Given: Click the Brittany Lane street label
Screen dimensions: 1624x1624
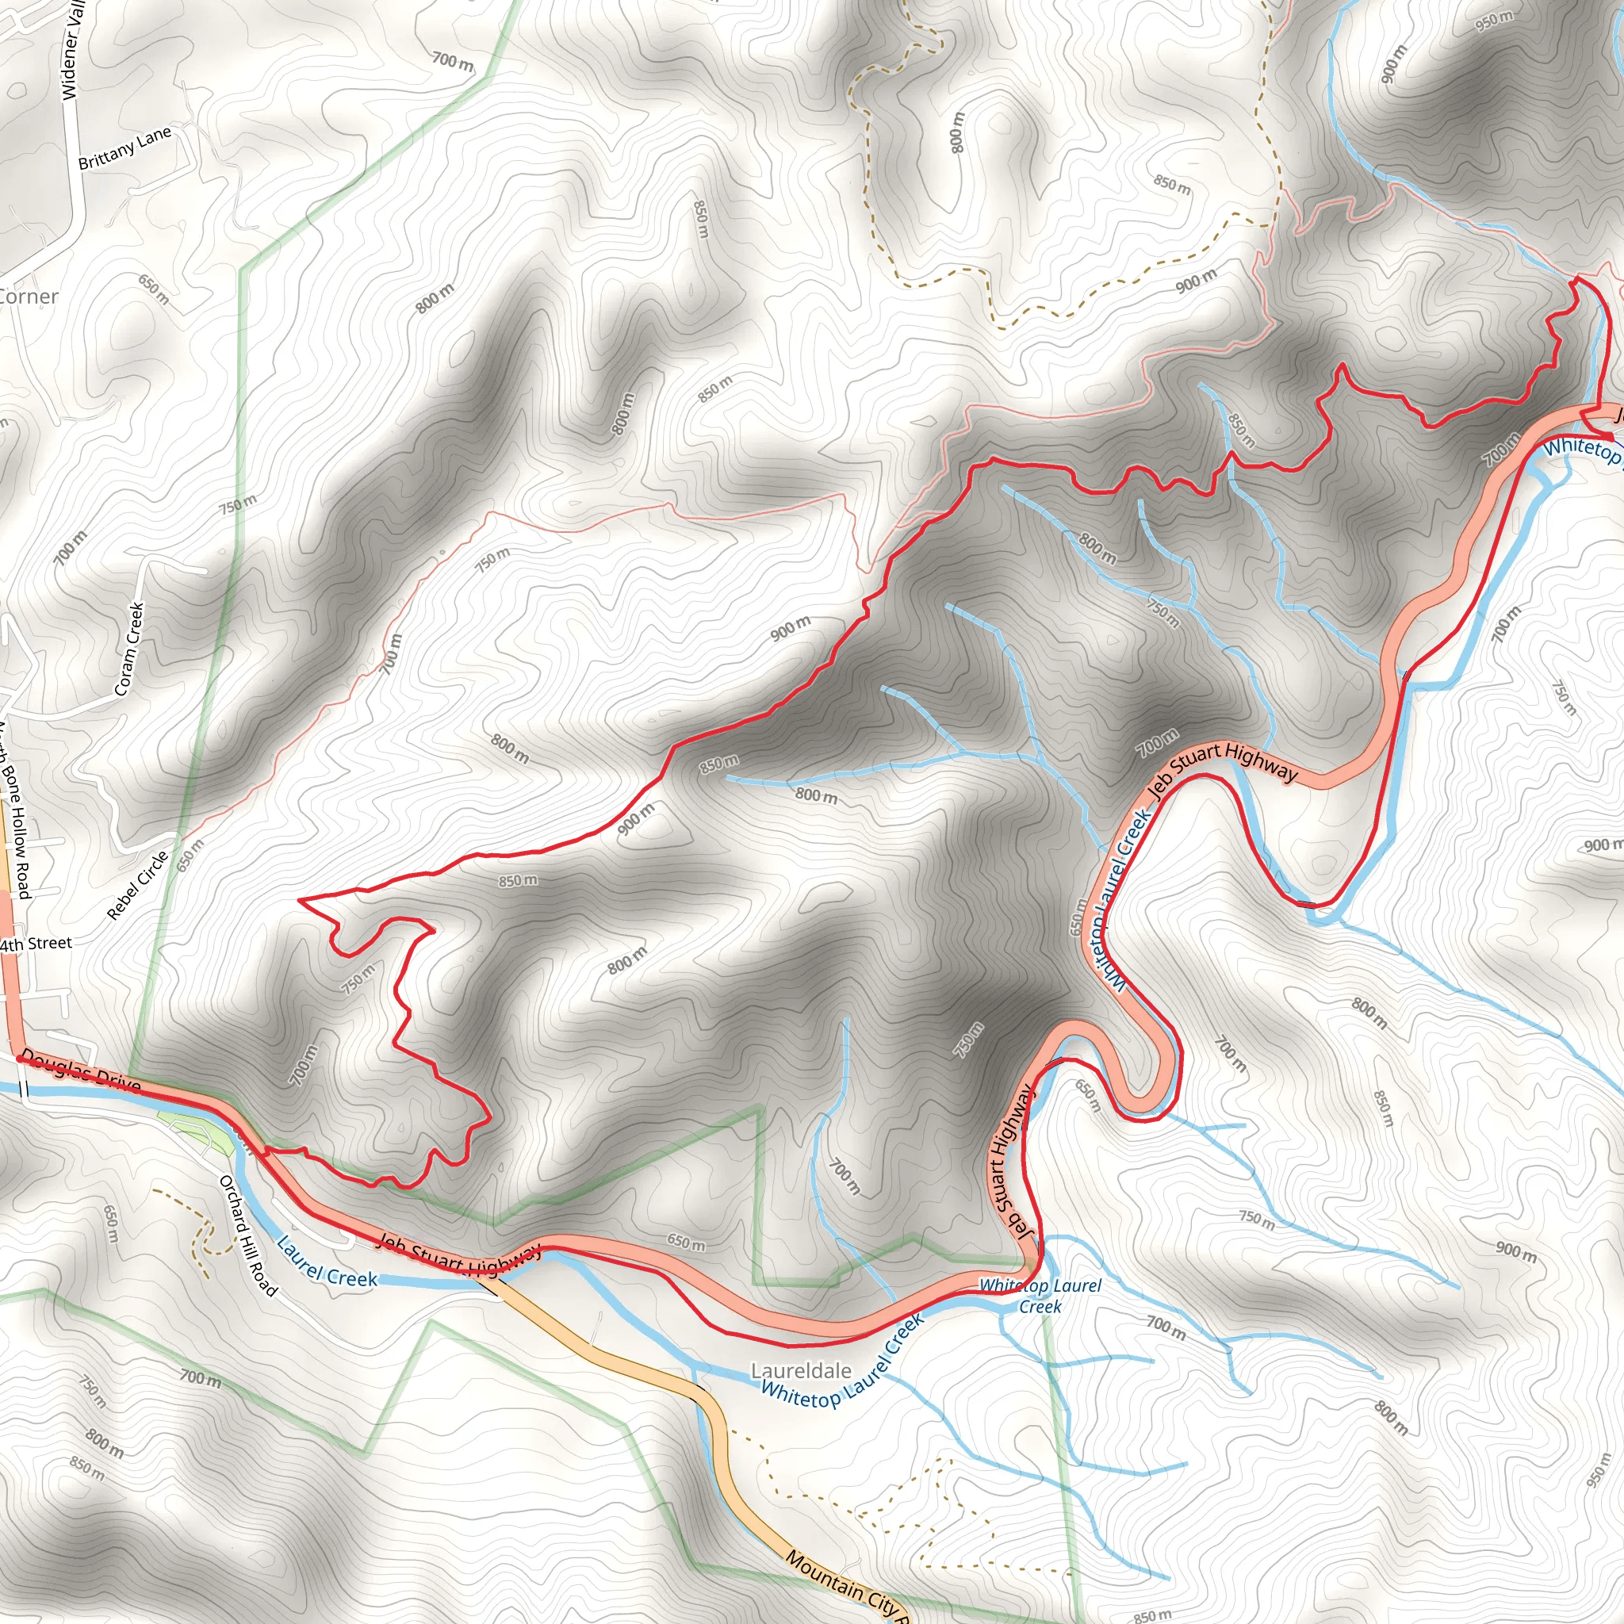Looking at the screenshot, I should [124, 147].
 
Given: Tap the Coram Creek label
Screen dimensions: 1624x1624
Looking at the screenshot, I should [128, 649].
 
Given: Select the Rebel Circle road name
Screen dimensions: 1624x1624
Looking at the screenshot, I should [139, 884].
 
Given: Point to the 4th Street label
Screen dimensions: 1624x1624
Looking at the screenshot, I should [36, 944].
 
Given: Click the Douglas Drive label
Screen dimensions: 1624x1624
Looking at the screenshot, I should [81, 1070].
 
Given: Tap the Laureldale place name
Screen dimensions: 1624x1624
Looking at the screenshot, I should [800, 1371].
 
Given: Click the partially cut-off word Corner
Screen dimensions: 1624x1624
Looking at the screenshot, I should [29, 297].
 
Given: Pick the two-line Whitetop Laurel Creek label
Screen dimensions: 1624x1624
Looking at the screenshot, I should [1040, 1296].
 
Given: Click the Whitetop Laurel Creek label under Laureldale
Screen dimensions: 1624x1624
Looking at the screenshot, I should [842, 1363].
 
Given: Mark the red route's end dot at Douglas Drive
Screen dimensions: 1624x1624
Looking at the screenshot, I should [18, 1060].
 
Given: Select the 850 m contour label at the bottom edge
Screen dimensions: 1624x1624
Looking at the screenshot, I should [1151, 1615].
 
